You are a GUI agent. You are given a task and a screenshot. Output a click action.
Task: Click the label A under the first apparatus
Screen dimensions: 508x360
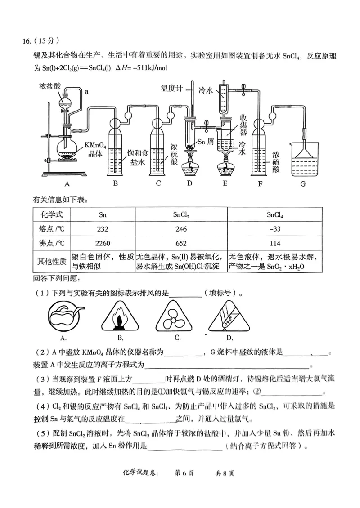(67, 183)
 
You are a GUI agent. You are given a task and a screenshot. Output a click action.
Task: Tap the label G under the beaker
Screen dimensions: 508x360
(303, 183)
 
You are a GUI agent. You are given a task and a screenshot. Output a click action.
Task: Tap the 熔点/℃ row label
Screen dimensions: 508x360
(52, 229)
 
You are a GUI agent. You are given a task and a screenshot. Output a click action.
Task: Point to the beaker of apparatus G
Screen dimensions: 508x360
(303, 157)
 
